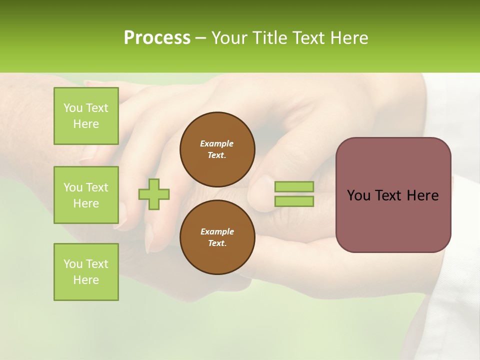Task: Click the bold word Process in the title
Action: [x=157, y=38]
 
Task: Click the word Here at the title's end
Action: [x=348, y=38]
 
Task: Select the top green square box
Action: [x=86, y=116]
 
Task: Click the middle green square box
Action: [x=86, y=195]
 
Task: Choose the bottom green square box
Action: [x=86, y=272]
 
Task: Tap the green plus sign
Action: [x=154, y=194]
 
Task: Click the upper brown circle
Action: [x=217, y=149]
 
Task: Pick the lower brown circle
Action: [x=217, y=237]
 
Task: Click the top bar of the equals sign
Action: [x=294, y=187]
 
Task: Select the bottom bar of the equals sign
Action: [x=294, y=201]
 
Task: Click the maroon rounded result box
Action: [x=393, y=195]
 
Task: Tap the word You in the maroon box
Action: [x=358, y=195]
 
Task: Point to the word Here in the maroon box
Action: [x=422, y=195]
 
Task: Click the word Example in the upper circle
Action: [x=217, y=143]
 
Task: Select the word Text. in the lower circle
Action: [x=217, y=243]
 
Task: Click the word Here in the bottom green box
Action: [x=86, y=280]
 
